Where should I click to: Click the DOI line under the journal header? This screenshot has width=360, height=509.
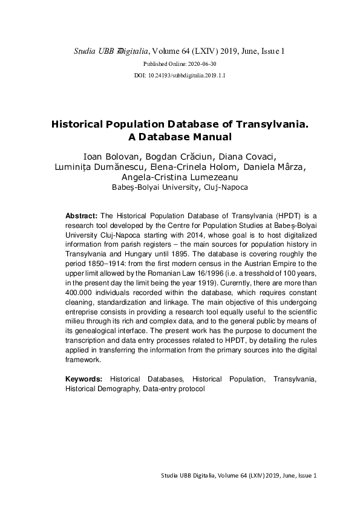point(178,76)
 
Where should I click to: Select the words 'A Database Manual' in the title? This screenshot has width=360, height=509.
point(179,137)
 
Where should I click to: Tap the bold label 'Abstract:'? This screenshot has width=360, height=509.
point(82,216)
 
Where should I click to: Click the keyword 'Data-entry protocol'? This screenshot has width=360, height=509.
point(174,389)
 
